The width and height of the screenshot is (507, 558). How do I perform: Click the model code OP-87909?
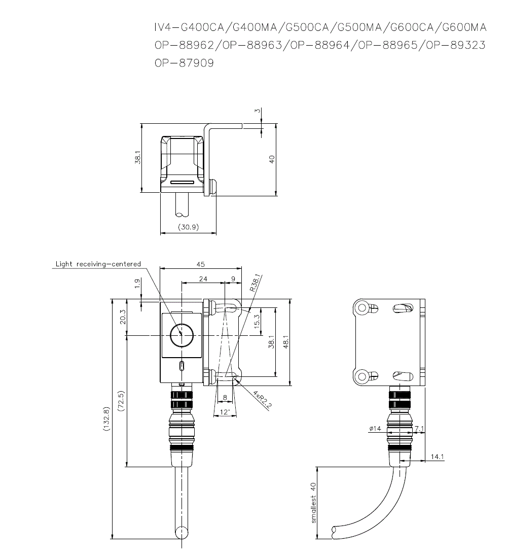[x=184, y=63]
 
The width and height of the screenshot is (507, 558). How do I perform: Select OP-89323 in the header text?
[x=455, y=45]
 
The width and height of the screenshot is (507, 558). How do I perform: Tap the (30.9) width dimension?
[x=188, y=227]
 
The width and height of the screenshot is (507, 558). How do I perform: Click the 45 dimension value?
[x=201, y=264]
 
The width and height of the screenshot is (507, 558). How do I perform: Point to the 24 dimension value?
[x=203, y=279]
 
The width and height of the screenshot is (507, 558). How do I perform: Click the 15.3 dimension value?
[x=257, y=321]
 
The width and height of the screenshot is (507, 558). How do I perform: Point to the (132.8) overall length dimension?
[x=106, y=419]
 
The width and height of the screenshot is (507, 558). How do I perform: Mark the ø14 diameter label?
[x=375, y=429]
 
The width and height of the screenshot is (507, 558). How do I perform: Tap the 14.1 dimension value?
[x=437, y=457]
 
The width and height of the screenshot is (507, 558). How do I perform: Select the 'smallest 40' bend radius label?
[x=313, y=502]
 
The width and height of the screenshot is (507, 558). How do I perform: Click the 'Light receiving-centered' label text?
[x=98, y=264]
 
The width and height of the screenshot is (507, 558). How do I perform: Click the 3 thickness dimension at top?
[x=258, y=111]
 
